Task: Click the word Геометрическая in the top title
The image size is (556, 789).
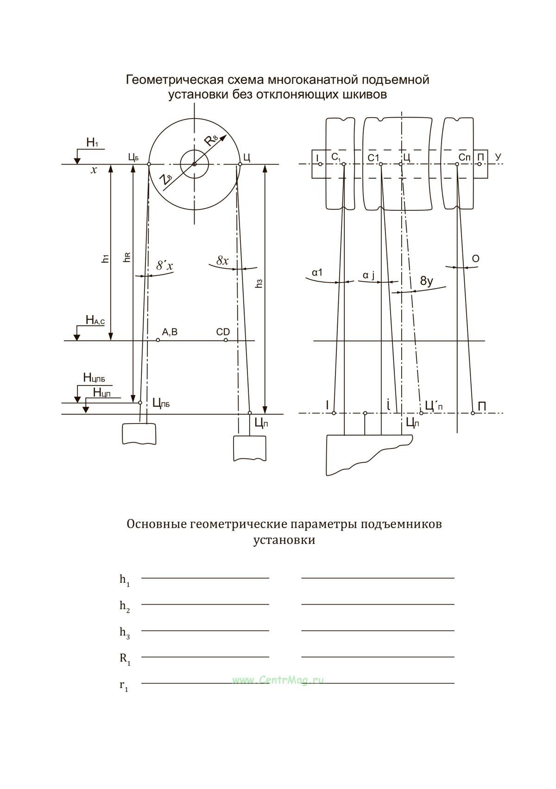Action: click(174, 80)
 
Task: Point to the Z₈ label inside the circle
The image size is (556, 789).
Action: click(165, 180)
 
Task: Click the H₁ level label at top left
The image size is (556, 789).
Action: click(92, 143)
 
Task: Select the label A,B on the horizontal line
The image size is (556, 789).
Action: click(170, 332)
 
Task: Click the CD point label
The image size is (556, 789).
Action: click(223, 332)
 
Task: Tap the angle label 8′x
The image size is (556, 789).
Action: click(165, 265)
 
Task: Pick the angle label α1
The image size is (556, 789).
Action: click(317, 272)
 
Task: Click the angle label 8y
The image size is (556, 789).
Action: click(426, 281)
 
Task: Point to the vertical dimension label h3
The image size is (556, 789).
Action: click(259, 284)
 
